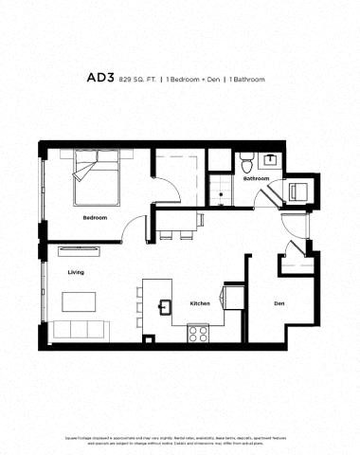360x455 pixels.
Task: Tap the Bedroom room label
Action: point(94,218)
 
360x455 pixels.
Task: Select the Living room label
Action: point(76,273)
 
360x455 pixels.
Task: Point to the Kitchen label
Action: point(200,303)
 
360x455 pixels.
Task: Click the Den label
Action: point(279,304)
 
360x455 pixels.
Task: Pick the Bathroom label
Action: point(256,178)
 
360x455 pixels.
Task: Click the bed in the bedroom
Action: point(97,181)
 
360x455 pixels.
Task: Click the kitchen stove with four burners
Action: point(199,333)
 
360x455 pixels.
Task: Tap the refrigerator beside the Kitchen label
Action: point(233,299)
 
